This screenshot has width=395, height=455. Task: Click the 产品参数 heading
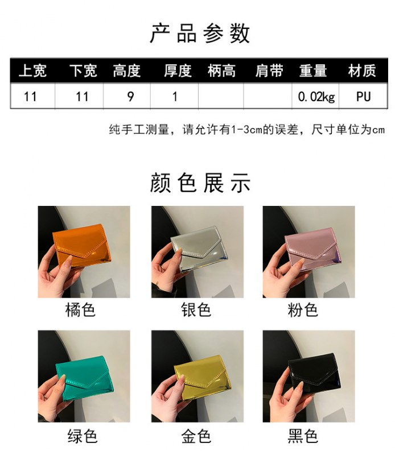(x=200, y=34)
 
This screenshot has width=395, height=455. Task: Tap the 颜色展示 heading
(x=200, y=183)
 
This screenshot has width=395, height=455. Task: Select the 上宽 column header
(x=32, y=71)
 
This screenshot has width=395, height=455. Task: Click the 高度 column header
(x=126, y=71)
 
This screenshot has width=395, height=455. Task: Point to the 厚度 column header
(x=178, y=71)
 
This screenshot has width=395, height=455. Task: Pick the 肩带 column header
(x=269, y=71)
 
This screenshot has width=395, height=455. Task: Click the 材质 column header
(x=362, y=71)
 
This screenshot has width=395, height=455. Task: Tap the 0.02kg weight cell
(x=316, y=97)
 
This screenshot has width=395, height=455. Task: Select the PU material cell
(x=363, y=97)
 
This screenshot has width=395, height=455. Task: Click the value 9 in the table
(x=131, y=97)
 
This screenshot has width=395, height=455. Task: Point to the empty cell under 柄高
(x=221, y=96)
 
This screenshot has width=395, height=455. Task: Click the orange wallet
(x=81, y=246)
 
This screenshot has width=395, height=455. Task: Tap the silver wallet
(x=199, y=249)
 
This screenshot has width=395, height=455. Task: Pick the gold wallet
(x=200, y=377)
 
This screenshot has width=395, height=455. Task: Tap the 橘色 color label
(x=80, y=309)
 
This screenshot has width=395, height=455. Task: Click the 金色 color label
(x=196, y=436)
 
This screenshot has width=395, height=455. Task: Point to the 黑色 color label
(x=303, y=436)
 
